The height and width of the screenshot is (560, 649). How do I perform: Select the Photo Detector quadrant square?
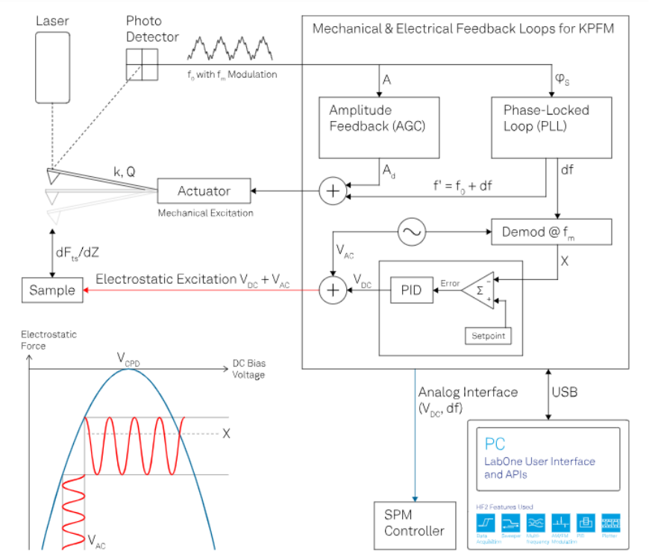click(x=142, y=64)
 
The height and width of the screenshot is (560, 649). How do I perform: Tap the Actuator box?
click(x=204, y=191)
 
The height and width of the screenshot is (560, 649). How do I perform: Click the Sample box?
click(x=52, y=290)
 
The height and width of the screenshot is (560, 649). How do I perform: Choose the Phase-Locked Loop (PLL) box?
click(x=551, y=127)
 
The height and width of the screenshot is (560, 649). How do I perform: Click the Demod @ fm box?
click(x=551, y=232)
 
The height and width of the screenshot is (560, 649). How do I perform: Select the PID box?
click(x=412, y=290)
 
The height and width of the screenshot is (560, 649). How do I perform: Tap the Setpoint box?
click(x=488, y=336)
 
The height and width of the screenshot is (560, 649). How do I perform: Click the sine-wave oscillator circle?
click(x=411, y=233)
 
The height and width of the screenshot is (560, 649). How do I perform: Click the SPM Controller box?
click(x=414, y=523)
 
